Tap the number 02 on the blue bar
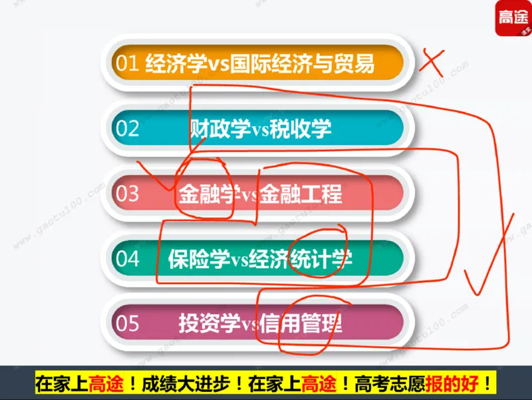(127, 128)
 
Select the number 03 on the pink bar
(127, 194)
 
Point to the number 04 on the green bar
(127, 258)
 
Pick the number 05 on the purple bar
(127, 323)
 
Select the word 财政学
(211, 128)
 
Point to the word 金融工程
(301, 194)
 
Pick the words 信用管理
(301, 323)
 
